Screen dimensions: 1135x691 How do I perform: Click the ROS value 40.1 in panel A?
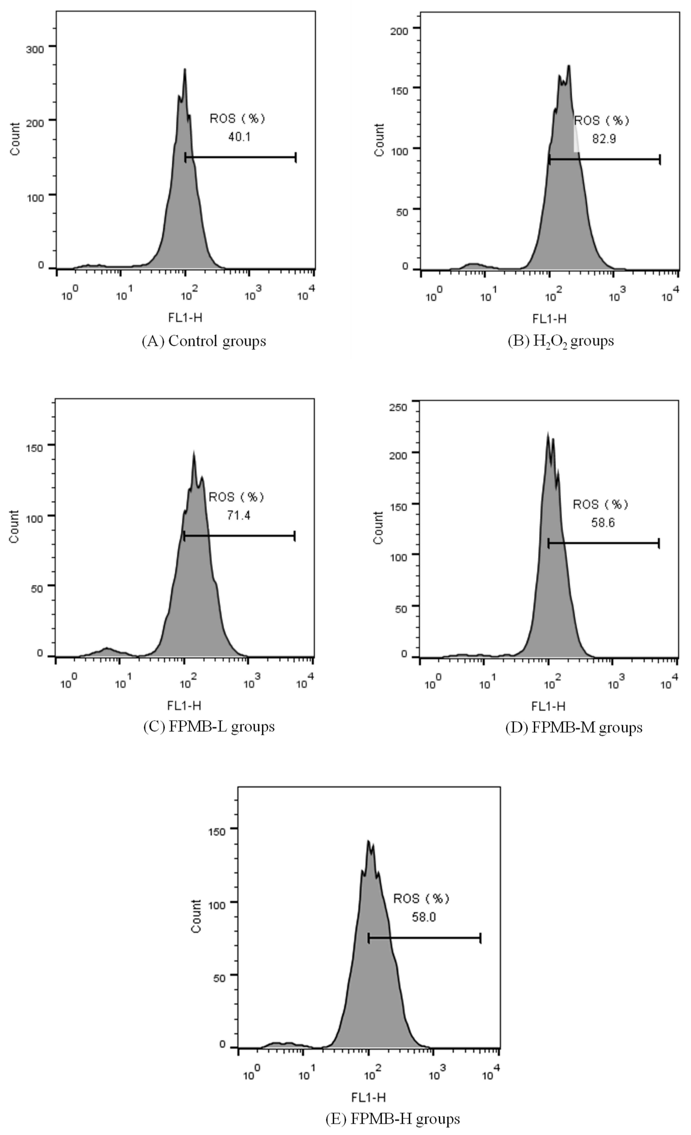click(x=239, y=137)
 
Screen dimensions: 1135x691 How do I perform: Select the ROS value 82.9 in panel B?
click(x=603, y=139)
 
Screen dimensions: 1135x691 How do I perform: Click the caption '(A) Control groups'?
click(x=204, y=341)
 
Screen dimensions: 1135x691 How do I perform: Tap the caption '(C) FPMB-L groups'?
click(x=209, y=726)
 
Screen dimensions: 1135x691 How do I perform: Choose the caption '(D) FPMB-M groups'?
click(x=573, y=727)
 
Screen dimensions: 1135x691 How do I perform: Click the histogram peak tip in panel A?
click(x=185, y=70)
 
